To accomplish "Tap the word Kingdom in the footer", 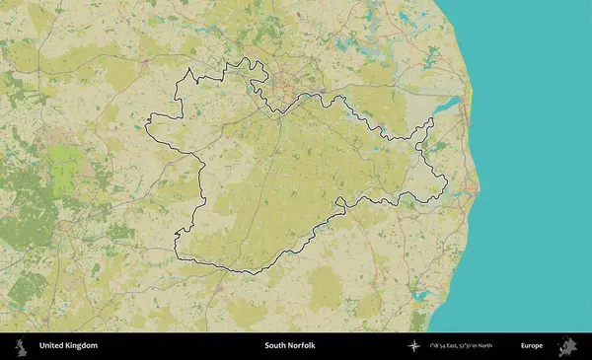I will (x=81, y=346).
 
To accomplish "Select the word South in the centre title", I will (x=276, y=346).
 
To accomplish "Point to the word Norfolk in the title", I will (x=304, y=346).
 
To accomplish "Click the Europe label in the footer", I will (x=532, y=346).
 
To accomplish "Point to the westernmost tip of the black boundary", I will (x=146, y=126).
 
